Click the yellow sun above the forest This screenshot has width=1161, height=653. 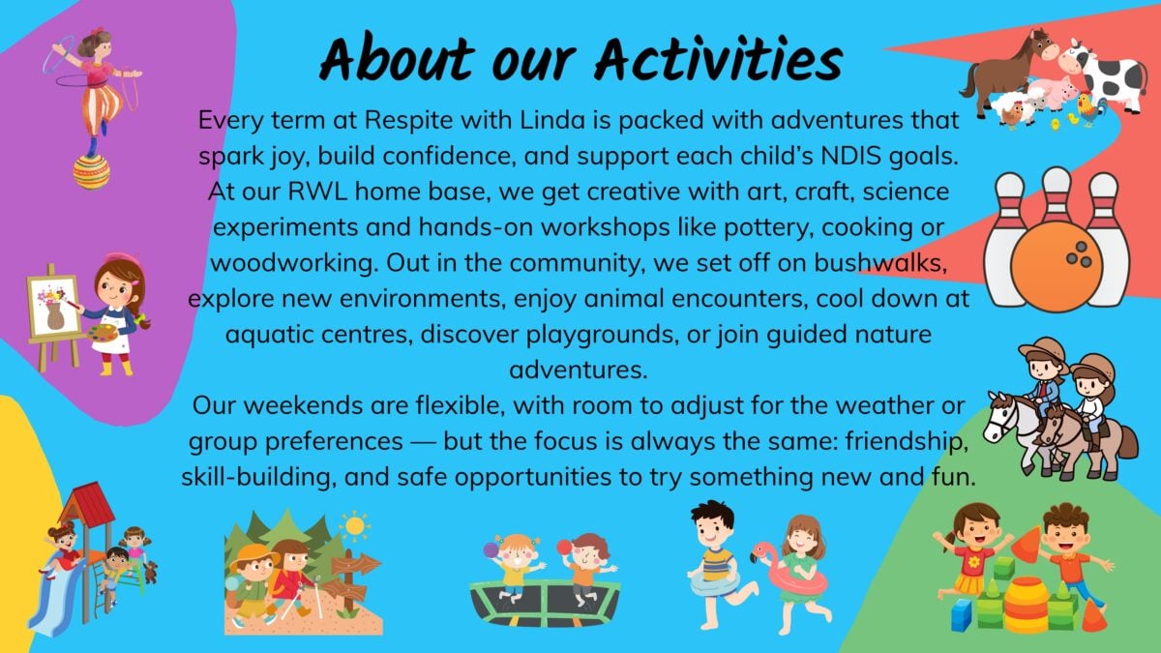pos(354,526)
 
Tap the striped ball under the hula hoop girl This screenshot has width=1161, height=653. pos(91,171)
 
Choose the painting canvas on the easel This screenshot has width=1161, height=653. pos(53,306)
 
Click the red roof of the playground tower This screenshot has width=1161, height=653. pos(88,503)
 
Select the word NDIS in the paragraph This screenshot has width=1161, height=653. pos(851,156)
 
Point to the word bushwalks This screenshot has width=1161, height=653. pos(879,263)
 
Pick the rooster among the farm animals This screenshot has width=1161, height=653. pos(1091,108)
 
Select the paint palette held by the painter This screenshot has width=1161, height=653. pos(103,333)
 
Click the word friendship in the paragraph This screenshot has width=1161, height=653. pos(908,441)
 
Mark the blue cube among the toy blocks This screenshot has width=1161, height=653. pos(962,615)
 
